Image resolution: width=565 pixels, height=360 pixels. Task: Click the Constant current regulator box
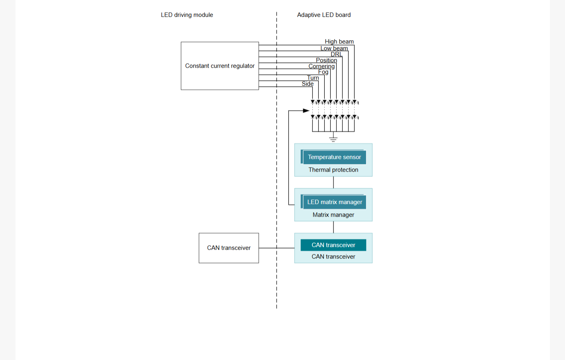[x=220, y=66]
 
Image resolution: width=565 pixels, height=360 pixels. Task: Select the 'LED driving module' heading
[x=187, y=15]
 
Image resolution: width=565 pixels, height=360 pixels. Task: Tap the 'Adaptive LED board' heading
[x=324, y=15]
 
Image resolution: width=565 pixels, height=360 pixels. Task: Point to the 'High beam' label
[x=339, y=41]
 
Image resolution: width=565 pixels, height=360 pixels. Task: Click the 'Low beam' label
[x=334, y=48]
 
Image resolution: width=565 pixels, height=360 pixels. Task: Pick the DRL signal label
[x=336, y=54]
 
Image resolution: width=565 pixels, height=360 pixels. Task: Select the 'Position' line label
[x=326, y=60]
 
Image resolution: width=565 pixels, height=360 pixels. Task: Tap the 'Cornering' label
[x=322, y=66]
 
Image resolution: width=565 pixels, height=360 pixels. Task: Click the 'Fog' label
[x=323, y=72]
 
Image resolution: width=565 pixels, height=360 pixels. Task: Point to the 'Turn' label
[x=313, y=78]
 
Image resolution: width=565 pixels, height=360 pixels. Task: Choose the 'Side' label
[x=308, y=84]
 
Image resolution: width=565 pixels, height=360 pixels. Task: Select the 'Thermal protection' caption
[x=333, y=170]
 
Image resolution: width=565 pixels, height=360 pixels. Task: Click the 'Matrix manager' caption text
[x=333, y=215]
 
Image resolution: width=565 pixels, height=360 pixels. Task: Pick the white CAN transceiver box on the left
[x=229, y=248]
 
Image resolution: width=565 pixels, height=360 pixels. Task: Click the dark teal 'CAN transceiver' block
[x=334, y=245]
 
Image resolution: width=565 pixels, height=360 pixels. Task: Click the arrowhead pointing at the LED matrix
[x=306, y=111]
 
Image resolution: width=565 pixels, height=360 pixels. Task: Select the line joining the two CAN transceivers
[x=277, y=248]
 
